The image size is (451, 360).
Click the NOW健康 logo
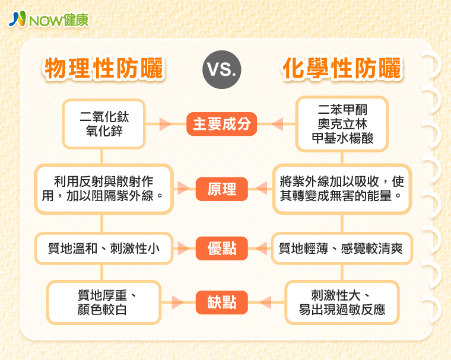[49, 20]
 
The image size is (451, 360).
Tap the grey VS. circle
[222, 69]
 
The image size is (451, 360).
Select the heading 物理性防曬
[104, 68]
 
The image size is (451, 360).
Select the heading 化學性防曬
[342, 68]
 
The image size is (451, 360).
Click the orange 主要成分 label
[221, 124]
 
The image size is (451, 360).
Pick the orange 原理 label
[222, 189]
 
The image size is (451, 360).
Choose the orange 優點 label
[222, 249]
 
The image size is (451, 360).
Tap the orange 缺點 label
[222, 302]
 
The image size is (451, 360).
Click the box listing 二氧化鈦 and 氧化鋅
[104, 124]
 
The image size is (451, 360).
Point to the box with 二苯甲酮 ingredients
[342, 124]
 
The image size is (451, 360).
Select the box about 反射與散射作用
[104, 189]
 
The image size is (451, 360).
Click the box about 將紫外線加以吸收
[342, 189]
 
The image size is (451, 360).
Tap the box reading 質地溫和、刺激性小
[104, 249]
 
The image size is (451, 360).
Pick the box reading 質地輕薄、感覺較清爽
[342, 249]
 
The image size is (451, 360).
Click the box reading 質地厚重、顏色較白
[104, 302]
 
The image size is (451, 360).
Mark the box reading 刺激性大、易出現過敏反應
[342, 302]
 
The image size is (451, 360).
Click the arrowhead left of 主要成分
[166, 124]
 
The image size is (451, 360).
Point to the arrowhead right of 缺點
[265, 302]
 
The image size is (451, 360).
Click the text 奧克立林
[342, 124]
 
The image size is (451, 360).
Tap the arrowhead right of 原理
[261, 189]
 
